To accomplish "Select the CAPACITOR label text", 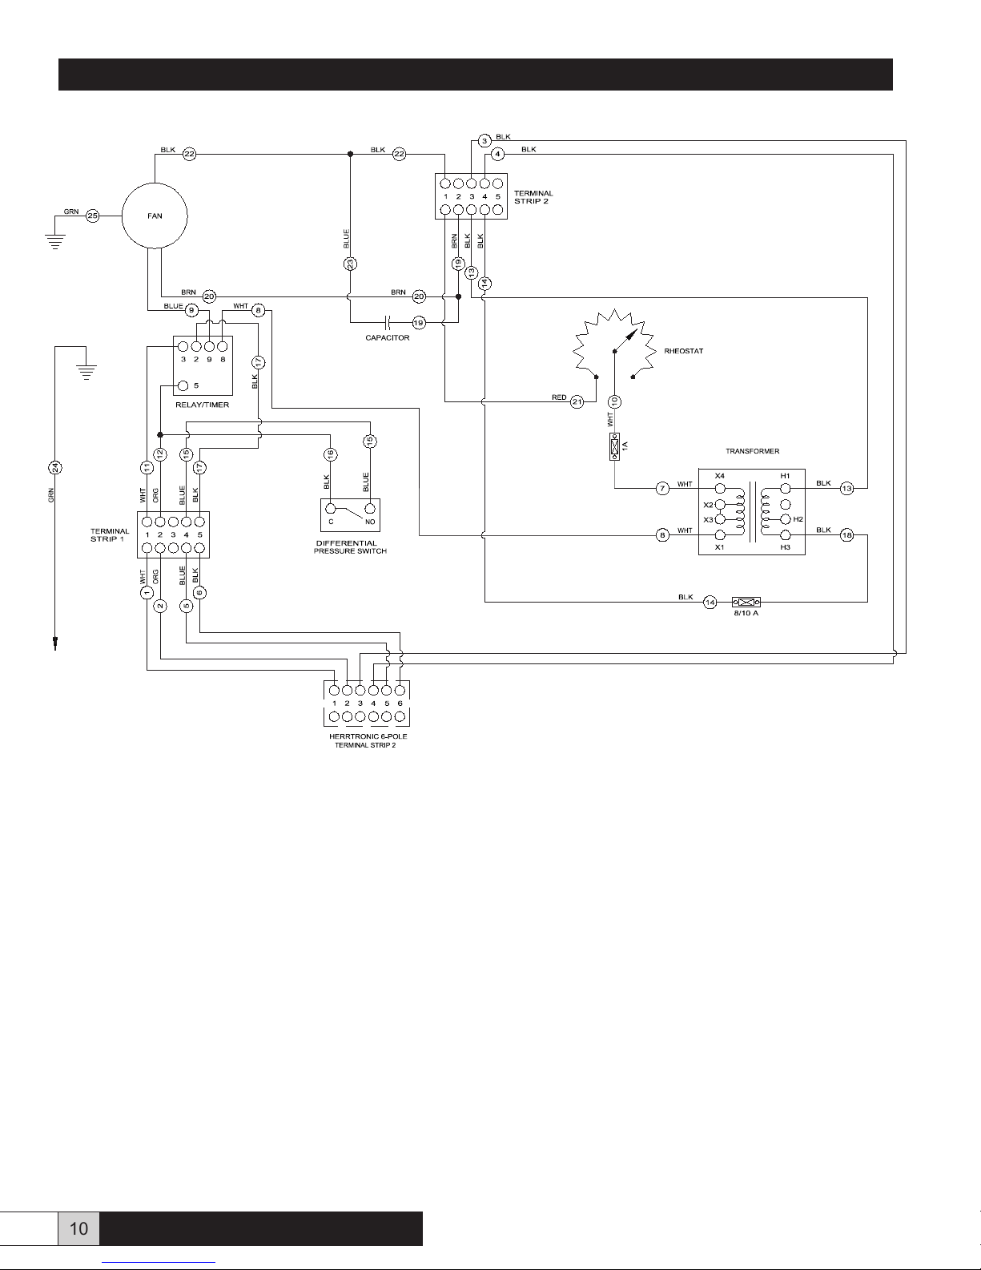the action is (387, 338).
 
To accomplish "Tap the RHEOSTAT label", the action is (683, 351).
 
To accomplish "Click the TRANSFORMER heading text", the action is (752, 451).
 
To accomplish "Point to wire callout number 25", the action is (92, 216).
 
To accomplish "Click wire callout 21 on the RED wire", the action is (577, 401).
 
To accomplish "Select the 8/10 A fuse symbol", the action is (746, 602).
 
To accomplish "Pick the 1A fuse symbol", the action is (614, 446).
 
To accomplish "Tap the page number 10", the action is (78, 1228).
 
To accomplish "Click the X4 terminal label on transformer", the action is (719, 476).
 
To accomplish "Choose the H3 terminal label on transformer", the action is (785, 547).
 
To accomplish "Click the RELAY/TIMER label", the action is (202, 405).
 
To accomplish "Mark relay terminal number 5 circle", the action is (183, 385).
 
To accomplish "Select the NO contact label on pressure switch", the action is (370, 522).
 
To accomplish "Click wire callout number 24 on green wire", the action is (55, 468).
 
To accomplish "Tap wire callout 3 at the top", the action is (484, 141).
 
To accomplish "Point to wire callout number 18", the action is (846, 534).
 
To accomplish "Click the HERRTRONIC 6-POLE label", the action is (368, 736).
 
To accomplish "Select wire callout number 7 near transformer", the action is (662, 489).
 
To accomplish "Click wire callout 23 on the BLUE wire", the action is (350, 264).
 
